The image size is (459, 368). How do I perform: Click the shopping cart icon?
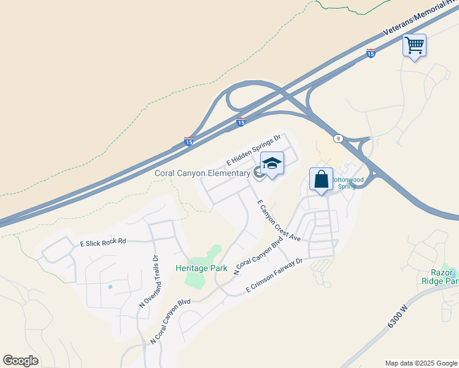point(415,45)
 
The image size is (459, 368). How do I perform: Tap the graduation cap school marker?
point(272,164)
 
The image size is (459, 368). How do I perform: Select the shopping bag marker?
point(321,180)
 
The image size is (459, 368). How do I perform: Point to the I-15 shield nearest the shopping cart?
point(371,53)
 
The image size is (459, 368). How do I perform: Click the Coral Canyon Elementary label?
point(202,174)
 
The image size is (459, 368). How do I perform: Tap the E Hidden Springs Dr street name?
point(253,150)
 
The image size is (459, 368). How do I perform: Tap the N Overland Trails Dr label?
point(148,281)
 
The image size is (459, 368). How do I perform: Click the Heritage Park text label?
point(201,268)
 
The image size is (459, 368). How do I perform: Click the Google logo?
point(20,361)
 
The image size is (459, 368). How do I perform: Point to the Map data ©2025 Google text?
point(420,363)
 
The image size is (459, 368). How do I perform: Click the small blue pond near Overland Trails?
point(110,286)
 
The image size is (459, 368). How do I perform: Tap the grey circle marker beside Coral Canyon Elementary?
point(259,174)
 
